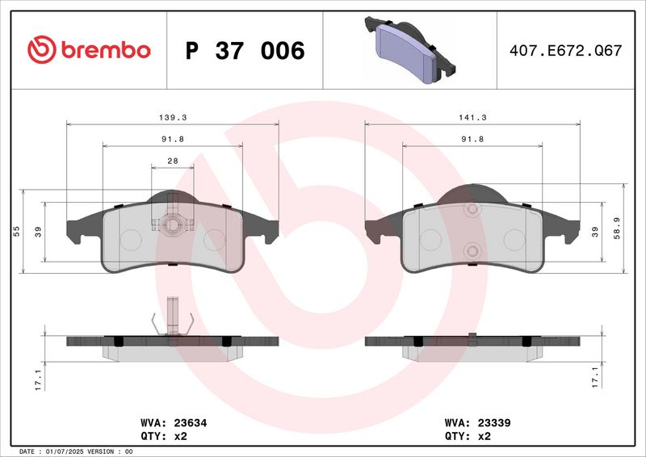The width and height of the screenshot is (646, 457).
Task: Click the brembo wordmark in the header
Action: [x=103, y=50]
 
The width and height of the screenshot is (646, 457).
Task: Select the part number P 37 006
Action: [x=245, y=51]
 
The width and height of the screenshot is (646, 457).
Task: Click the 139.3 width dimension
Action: [x=172, y=117]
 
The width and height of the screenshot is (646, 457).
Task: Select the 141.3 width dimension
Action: [x=472, y=117]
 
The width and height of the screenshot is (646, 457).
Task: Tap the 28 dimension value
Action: [x=172, y=161]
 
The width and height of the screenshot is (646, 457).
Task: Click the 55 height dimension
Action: [x=17, y=231]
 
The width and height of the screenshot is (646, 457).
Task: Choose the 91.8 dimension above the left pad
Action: [x=172, y=139]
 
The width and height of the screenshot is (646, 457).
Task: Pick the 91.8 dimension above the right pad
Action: [x=472, y=139]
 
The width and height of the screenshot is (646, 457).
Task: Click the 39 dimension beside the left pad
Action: [x=39, y=232]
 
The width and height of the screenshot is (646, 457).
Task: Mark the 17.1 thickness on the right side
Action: [x=594, y=375]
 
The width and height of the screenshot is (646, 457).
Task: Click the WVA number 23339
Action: [x=494, y=422]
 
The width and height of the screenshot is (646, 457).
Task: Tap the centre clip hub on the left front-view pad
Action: [x=172, y=225]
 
